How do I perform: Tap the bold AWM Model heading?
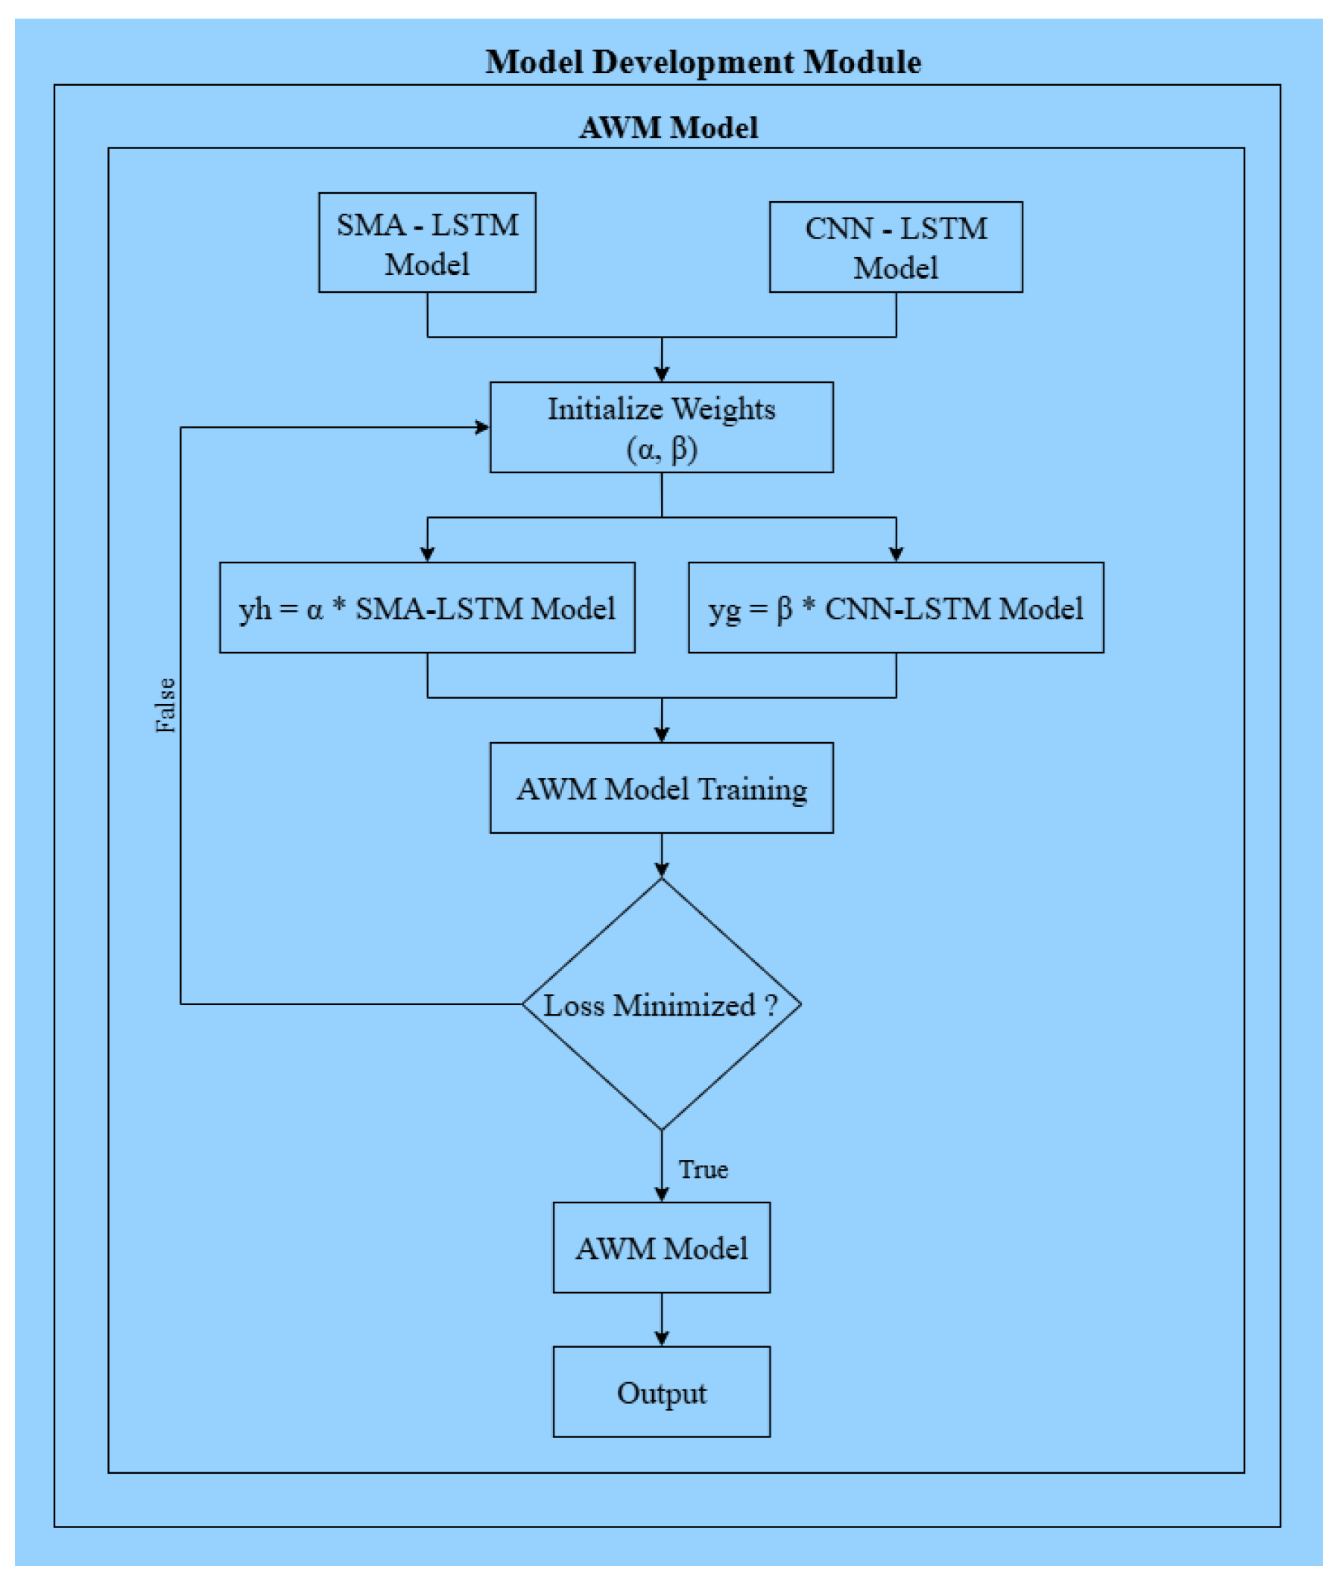point(669,127)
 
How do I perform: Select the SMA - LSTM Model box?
point(427,243)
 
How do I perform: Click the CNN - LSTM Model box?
point(896,247)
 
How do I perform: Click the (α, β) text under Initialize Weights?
point(661,449)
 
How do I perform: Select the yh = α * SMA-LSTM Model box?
point(427,608)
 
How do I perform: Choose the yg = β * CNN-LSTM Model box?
point(896,608)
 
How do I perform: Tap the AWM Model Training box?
point(661,788)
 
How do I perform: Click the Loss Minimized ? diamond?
point(661,1004)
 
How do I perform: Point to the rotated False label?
point(165,705)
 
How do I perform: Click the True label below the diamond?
point(703,1169)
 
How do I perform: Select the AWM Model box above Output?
point(661,1248)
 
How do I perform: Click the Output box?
point(661,1393)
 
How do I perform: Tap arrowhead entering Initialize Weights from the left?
point(482,428)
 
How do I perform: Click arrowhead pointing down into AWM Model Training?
point(661,735)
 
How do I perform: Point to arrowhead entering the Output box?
point(661,1339)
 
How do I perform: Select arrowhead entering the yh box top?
point(427,554)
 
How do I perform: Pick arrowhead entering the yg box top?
point(896,554)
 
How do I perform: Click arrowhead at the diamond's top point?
point(661,870)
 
